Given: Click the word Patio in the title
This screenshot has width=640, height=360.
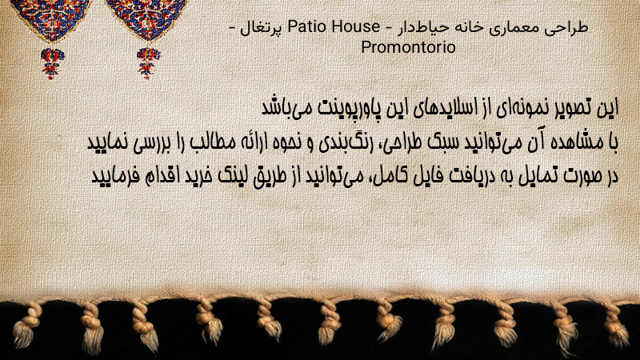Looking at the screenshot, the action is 307,26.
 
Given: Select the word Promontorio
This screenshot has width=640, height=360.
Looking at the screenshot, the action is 408,47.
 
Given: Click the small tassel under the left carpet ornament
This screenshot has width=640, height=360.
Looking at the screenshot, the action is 52,63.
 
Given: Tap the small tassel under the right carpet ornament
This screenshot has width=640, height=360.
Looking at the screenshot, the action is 148,63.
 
